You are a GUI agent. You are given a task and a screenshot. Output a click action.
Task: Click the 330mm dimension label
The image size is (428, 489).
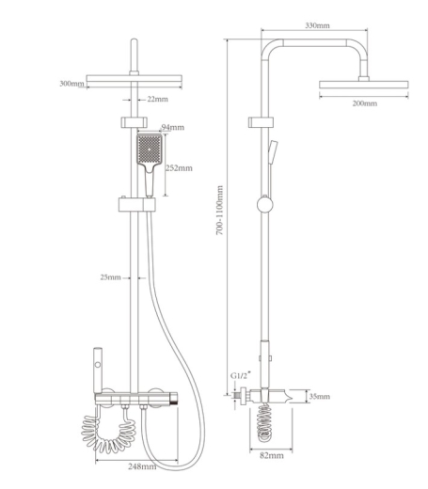[x=317, y=25]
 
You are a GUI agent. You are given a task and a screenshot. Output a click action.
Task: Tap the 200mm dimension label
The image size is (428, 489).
[x=365, y=103]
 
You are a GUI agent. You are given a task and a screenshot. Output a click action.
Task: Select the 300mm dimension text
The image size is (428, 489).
[x=71, y=84]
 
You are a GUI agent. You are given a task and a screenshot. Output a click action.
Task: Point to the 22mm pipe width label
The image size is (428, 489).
[x=158, y=99]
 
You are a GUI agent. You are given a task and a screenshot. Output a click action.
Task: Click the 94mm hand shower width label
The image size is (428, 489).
[x=173, y=127]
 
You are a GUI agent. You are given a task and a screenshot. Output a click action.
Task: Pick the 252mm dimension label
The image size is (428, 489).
[x=179, y=168]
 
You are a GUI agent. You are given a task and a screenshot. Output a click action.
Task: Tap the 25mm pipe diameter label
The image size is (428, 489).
[x=110, y=277]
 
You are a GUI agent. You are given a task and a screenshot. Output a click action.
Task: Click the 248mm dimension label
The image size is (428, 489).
[x=142, y=466]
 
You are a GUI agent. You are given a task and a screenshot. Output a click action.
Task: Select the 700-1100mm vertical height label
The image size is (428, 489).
[x=219, y=211]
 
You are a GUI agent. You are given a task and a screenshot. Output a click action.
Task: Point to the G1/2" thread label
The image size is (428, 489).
[x=241, y=375]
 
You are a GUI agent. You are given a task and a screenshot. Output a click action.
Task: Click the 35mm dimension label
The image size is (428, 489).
[x=320, y=396]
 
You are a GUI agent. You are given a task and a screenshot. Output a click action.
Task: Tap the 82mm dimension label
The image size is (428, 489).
[x=272, y=455]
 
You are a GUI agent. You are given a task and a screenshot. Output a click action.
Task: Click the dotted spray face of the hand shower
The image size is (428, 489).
[x=150, y=149]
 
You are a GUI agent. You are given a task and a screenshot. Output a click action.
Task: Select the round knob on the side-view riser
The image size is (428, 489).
[x=265, y=204]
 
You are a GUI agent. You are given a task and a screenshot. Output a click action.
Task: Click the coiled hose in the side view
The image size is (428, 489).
[x=264, y=421]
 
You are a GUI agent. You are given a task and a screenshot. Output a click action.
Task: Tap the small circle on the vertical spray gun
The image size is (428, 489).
[x=98, y=365]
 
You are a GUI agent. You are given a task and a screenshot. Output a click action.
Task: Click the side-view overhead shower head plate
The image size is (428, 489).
[x=364, y=85]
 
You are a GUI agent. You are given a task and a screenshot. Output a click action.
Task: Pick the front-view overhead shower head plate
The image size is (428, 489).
[x=134, y=79]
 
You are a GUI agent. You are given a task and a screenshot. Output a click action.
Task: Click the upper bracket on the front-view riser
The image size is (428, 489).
[x=134, y=122]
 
